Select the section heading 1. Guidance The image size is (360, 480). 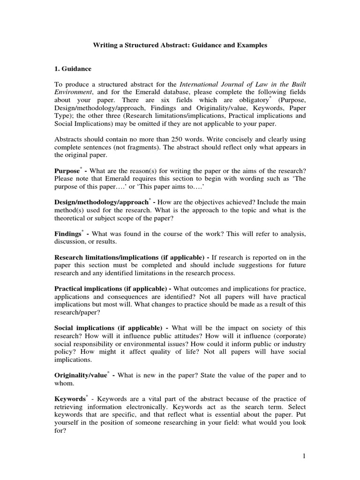[x=73, y=68]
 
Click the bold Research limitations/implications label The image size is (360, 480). [x=108, y=257]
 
